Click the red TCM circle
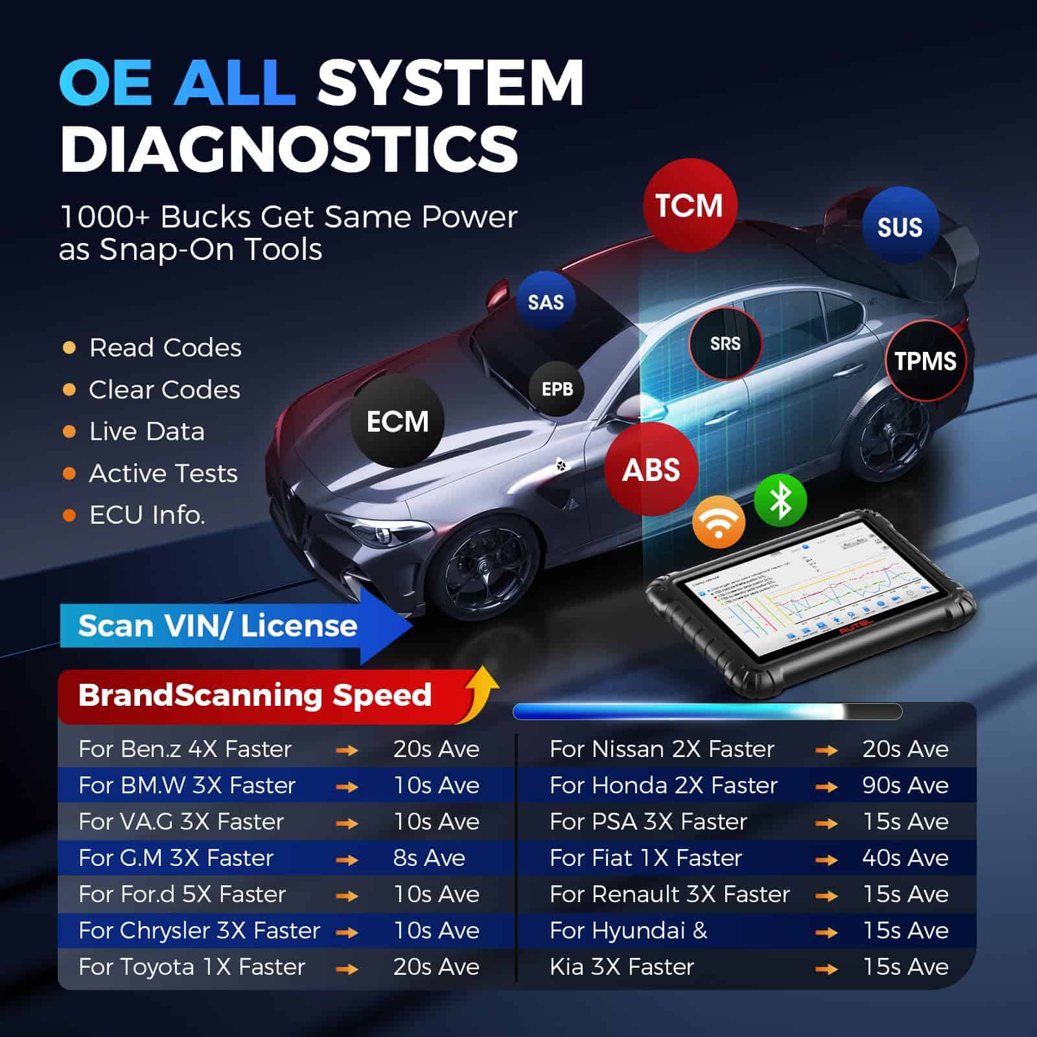[x=690, y=206]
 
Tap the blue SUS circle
[x=900, y=226]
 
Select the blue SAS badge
[x=546, y=302]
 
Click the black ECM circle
[x=397, y=421]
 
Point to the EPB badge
[x=557, y=389]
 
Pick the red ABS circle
[x=651, y=469]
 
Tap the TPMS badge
[x=925, y=361]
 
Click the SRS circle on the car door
[x=725, y=344]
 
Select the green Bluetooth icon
[x=780, y=501]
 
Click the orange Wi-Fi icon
[x=718, y=522]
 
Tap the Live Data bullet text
[x=146, y=432]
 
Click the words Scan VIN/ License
[x=217, y=625]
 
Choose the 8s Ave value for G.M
[x=428, y=857]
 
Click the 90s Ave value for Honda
[x=905, y=785]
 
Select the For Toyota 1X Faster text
[x=191, y=966]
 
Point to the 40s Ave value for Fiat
[x=905, y=857]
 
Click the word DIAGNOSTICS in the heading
[x=289, y=149]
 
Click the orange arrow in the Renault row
[x=826, y=896]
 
